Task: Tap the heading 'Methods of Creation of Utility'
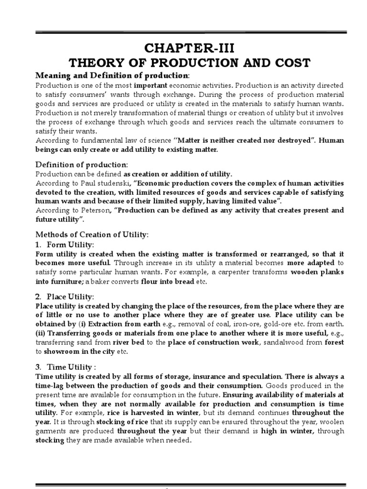[x=93, y=235]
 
